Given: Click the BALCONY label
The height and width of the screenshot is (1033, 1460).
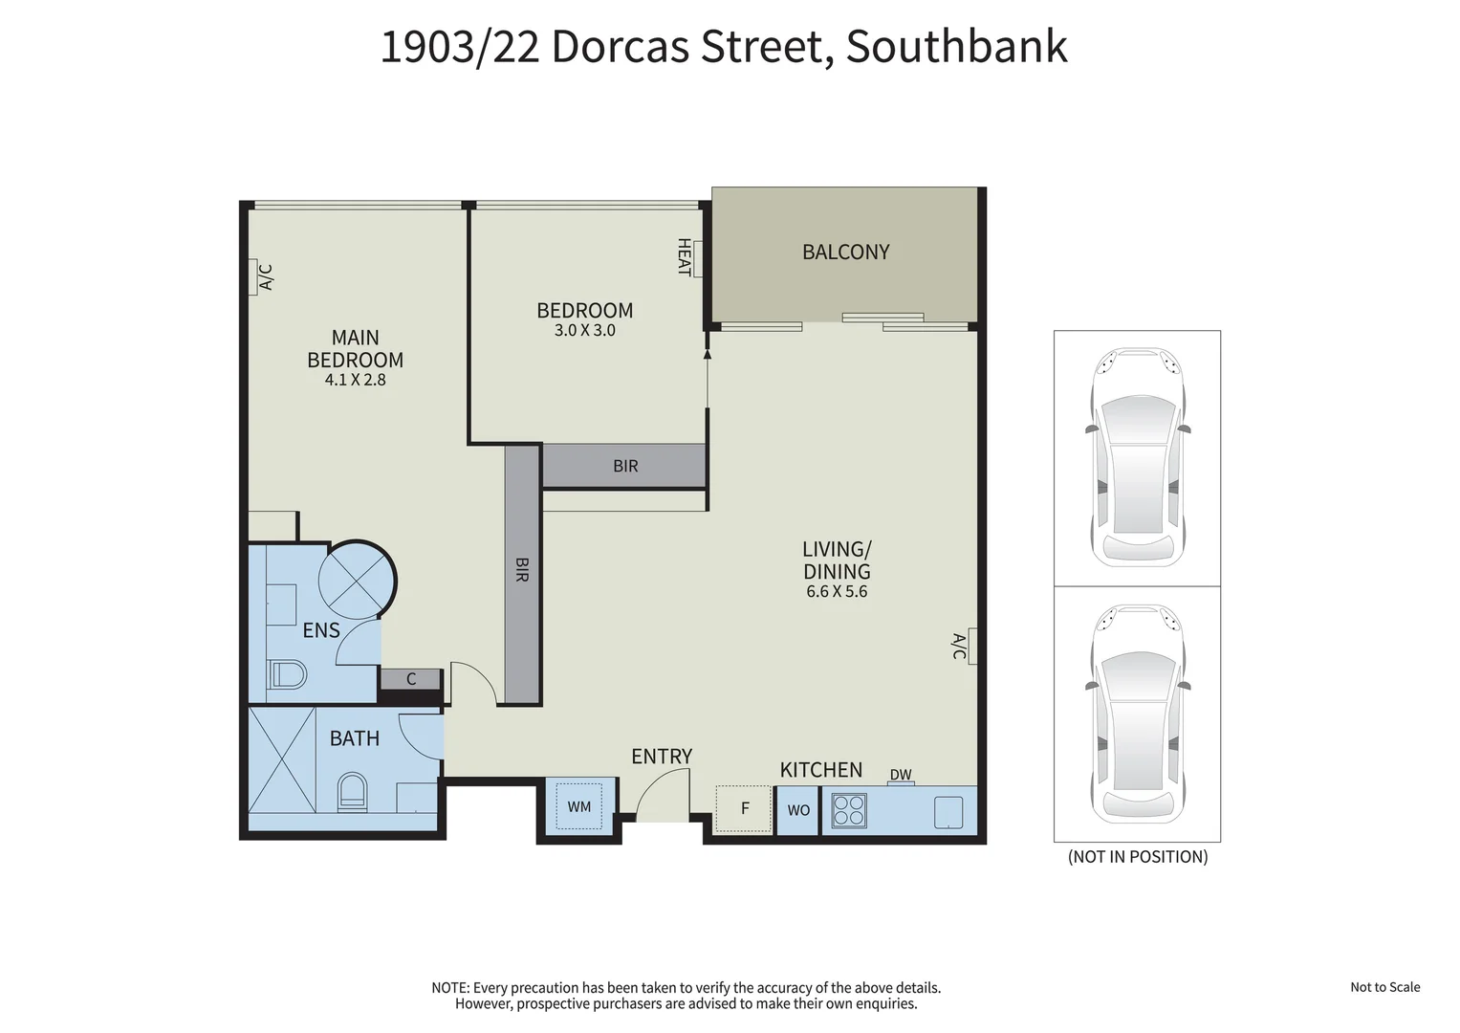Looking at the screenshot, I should pyautogui.click(x=845, y=252).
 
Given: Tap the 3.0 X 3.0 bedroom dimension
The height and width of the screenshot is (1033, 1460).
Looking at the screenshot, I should pyautogui.click(x=584, y=331).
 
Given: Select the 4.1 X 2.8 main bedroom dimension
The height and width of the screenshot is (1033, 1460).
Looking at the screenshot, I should pyautogui.click(x=355, y=380).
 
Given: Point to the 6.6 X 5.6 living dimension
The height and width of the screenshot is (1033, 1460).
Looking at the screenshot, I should pyautogui.click(x=837, y=592).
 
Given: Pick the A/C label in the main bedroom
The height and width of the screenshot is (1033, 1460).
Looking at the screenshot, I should pyautogui.click(x=267, y=277).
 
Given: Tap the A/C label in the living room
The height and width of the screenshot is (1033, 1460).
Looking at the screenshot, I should pyautogui.click(x=959, y=646).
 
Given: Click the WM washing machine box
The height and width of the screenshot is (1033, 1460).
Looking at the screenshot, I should pyautogui.click(x=578, y=806).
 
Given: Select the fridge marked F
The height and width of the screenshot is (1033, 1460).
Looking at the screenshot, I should pyautogui.click(x=745, y=808).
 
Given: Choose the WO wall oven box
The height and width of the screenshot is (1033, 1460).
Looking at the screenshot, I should pyautogui.click(x=798, y=810).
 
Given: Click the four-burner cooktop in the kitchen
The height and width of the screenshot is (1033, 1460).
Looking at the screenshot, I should pyautogui.click(x=849, y=809).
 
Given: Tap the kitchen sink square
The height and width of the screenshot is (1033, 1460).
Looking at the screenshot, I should pyautogui.click(x=948, y=812).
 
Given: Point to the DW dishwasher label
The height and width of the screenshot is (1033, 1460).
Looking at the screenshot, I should pyautogui.click(x=901, y=775).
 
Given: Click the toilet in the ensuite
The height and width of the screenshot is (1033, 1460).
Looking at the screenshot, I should pyautogui.click(x=287, y=674).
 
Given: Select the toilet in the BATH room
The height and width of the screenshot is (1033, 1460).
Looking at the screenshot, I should pyautogui.click(x=352, y=793).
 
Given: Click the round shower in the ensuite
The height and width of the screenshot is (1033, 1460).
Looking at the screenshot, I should pyautogui.click(x=356, y=580).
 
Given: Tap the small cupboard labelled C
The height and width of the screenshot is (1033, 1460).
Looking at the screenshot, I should pyautogui.click(x=411, y=679).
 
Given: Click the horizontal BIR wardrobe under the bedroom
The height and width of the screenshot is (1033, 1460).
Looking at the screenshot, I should pyautogui.click(x=625, y=467).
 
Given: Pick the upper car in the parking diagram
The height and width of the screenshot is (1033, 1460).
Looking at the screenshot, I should pyautogui.click(x=1137, y=457).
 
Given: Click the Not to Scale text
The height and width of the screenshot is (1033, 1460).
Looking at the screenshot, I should pyautogui.click(x=1384, y=987).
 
